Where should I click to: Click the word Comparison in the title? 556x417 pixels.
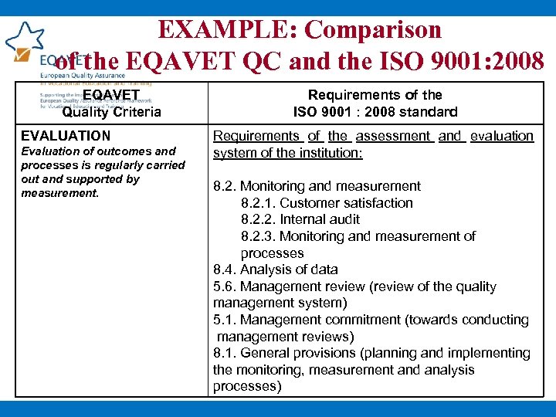click(x=373, y=29)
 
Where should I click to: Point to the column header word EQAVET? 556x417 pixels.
click(x=111, y=95)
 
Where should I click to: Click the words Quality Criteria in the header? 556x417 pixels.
click(x=111, y=112)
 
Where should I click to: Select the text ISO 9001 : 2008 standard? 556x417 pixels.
click(x=375, y=112)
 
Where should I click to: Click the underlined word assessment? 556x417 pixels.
click(x=393, y=136)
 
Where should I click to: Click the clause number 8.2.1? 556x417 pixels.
click(x=258, y=203)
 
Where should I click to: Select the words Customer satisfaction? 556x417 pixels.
click(x=346, y=203)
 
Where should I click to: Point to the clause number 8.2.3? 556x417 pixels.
click(x=258, y=236)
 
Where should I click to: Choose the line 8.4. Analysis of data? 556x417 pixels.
click(x=276, y=270)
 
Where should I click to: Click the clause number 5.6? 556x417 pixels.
click(x=225, y=286)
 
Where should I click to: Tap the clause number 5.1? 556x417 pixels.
click(x=225, y=320)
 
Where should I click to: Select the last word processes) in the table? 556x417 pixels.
click(x=247, y=386)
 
